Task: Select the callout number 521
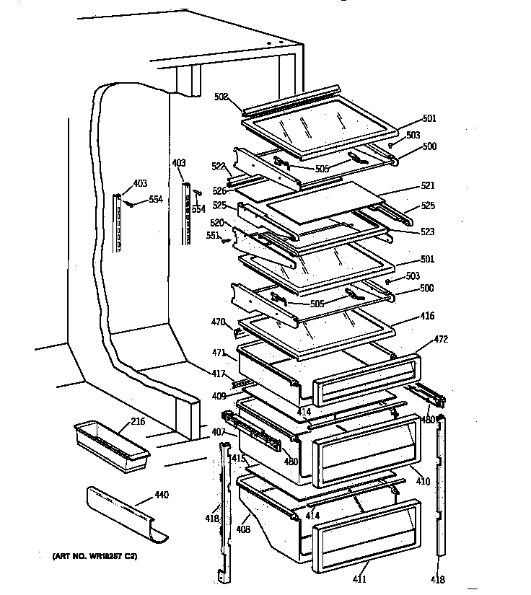click(x=429, y=185)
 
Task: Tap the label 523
click(x=429, y=232)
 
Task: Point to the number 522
click(x=217, y=167)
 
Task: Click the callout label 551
click(x=212, y=235)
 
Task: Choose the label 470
click(x=218, y=322)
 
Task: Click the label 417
click(x=218, y=374)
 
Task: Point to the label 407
click(x=218, y=433)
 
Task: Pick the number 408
click(x=243, y=529)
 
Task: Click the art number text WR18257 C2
click(x=94, y=557)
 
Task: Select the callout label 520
click(x=217, y=223)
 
